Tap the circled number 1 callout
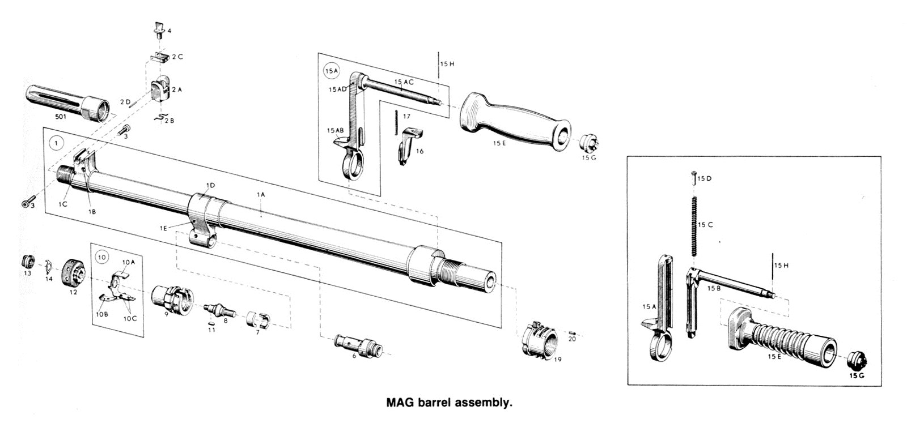(x=57, y=143)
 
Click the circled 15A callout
(x=330, y=71)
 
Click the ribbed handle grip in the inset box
(x=782, y=337)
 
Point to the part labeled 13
(x=27, y=262)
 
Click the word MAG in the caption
(x=399, y=403)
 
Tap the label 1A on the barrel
(x=261, y=194)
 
